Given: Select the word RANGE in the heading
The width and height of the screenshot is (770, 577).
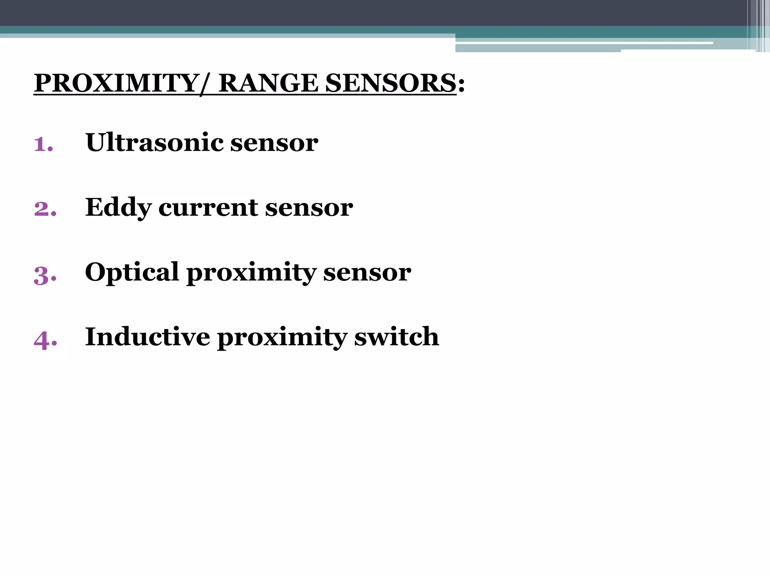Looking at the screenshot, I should pyautogui.click(x=268, y=83).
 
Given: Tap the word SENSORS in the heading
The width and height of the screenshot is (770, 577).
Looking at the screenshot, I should pyautogui.click(x=391, y=83).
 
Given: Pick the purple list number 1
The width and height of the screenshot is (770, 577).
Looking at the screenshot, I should pyautogui.click(x=42, y=144).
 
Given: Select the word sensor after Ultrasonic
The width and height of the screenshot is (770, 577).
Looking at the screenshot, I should pyautogui.click(x=274, y=143).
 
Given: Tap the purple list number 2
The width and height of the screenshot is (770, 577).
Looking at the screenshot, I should pyautogui.click(x=44, y=209).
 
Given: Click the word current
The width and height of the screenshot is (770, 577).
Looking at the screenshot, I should pyautogui.click(x=208, y=208).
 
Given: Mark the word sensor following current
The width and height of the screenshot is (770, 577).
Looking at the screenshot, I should pyautogui.click(x=309, y=208).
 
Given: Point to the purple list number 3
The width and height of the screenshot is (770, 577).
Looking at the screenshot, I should pyautogui.click(x=44, y=275).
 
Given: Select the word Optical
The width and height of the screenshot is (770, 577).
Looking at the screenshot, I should pyautogui.click(x=132, y=272).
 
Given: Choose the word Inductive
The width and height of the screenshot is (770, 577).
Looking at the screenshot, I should pyautogui.click(x=147, y=337).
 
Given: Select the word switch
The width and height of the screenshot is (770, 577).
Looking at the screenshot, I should pyautogui.click(x=397, y=337).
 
